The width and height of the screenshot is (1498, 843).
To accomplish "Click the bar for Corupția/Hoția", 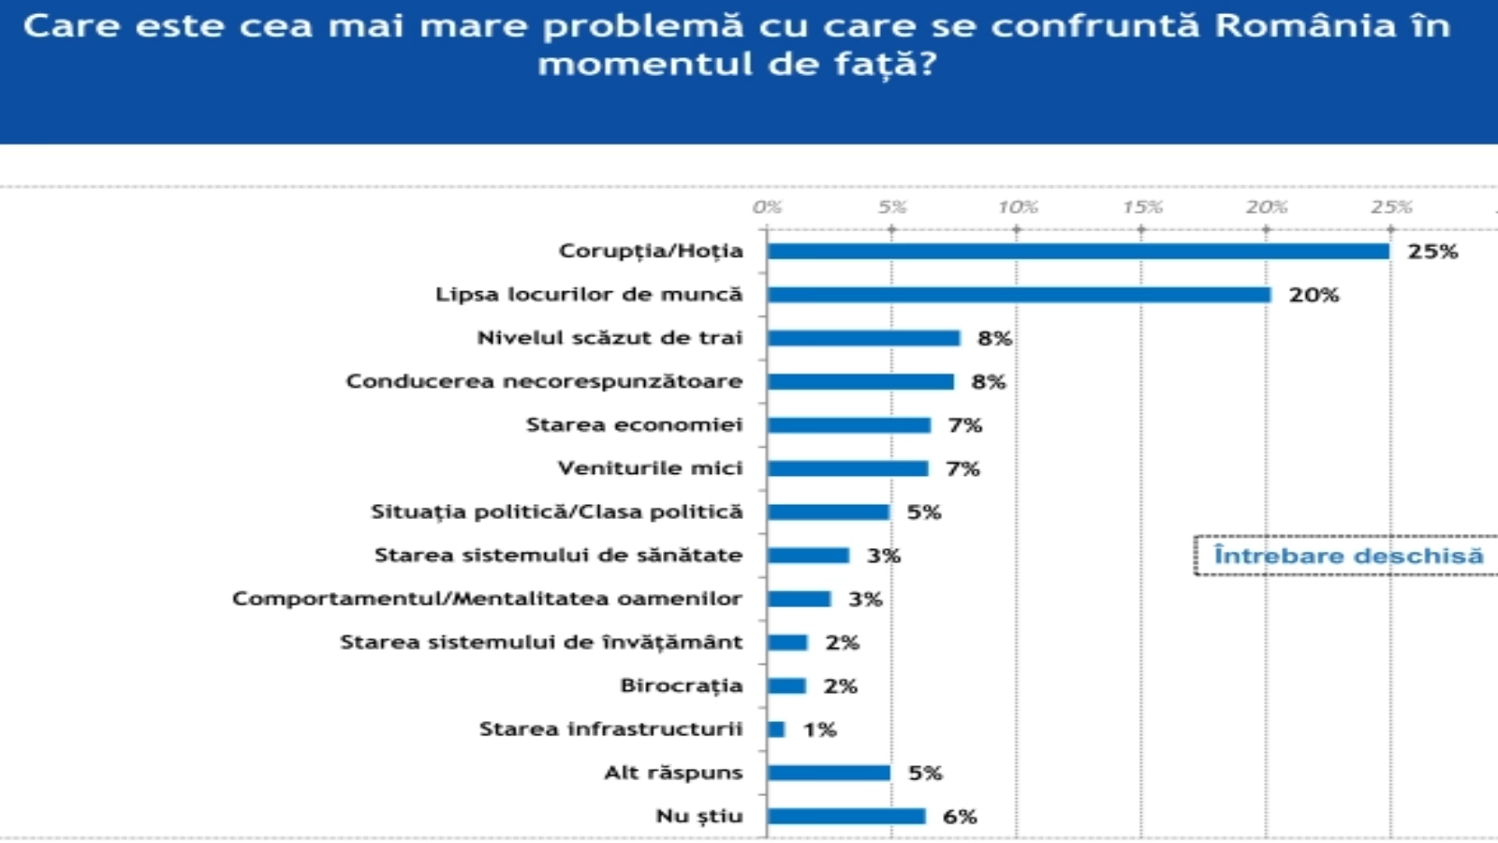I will [x=1077, y=251].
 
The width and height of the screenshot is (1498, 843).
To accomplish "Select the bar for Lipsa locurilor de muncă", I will [x=1019, y=295].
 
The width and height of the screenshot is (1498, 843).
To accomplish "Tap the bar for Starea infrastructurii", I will [x=776, y=730].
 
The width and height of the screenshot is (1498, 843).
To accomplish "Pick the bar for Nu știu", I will [x=846, y=816].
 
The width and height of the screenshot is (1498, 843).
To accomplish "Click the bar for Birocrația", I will [x=786, y=686].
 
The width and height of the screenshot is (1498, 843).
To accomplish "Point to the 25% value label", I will [x=1432, y=251].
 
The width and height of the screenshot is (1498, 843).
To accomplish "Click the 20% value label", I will [x=1314, y=295].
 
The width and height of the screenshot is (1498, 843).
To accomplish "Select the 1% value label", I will [x=819, y=730].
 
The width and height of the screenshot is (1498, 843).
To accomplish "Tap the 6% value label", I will [x=960, y=816].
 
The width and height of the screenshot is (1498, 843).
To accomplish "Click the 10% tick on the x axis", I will [x=1017, y=207].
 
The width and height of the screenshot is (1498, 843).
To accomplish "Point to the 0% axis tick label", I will [x=767, y=207].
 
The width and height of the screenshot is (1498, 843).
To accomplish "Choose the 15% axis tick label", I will [x=1142, y=207].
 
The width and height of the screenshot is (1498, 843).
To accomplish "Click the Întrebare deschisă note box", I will [x=1346, y=555].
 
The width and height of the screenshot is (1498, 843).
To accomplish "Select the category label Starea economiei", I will [x=634, y=425].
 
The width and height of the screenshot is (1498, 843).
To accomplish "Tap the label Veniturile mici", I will [x=650, y=468].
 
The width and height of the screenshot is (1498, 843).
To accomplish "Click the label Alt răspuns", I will [x=672, y=773].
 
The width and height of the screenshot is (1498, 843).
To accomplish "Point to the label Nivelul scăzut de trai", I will [x=609, y=338].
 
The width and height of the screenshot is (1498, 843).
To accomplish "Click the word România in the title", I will [x=1305, y=26].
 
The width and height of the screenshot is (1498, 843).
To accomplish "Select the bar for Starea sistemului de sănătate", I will [x=808, y=555].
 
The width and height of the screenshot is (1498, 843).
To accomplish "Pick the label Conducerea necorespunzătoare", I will [x=544, y=381].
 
